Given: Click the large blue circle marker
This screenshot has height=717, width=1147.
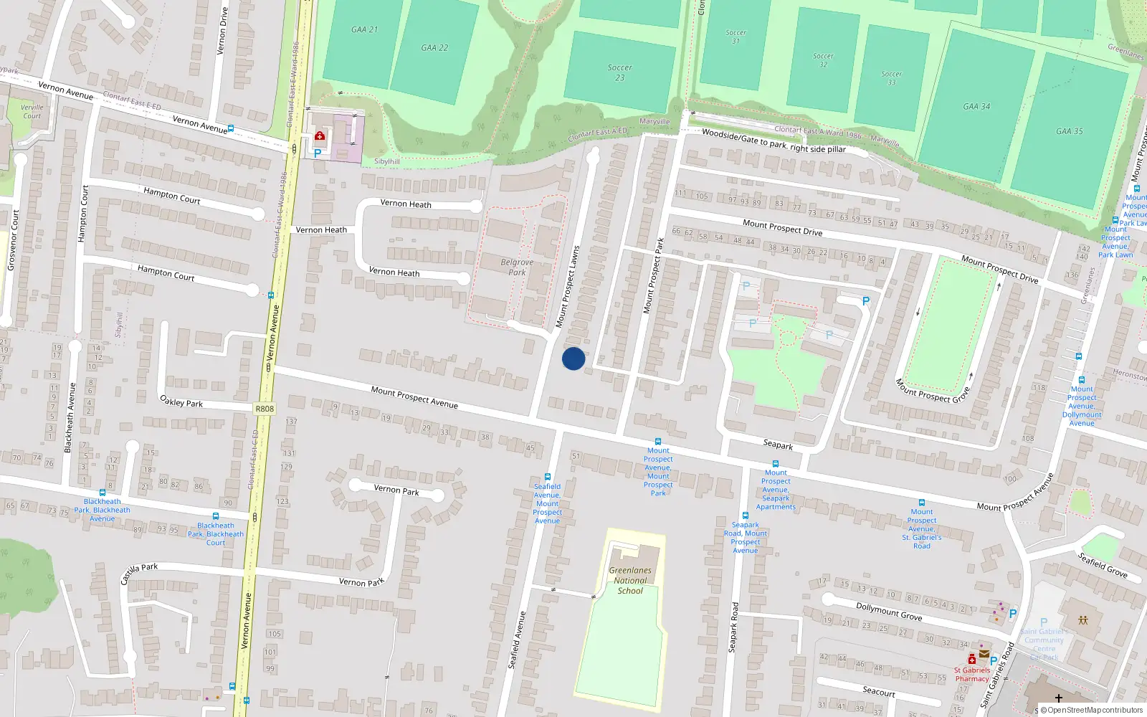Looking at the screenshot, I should click(x=573, y=358).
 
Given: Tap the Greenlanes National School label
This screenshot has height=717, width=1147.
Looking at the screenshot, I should click(x=630, y=581).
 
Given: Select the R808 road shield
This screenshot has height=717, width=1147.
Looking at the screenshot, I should click(x=265, y=409).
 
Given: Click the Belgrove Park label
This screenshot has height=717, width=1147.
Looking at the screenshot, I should click(x=517, y=267).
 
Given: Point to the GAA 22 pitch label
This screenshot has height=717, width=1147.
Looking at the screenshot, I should click(x=434, y=48).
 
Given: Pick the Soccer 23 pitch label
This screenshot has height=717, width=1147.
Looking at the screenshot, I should click(x=620, y=72).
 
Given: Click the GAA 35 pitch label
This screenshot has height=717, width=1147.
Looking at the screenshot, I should click(x=1069, y=131).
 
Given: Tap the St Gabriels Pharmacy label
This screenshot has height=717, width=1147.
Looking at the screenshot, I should click(x=972, y=675).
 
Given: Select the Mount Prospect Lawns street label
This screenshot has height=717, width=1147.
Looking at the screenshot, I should click(x=568, y=288).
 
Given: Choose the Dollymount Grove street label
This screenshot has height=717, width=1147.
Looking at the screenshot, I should click(x=889, y=611).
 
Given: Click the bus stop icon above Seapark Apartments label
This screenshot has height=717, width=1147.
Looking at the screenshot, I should click(x=775, y=464).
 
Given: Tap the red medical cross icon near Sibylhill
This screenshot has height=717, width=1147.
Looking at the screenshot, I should click(x=320, y=136).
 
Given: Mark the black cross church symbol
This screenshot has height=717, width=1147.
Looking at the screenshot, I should click(x=1058, y=698).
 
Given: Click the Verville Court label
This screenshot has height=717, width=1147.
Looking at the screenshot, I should click(x=32, y=111).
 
